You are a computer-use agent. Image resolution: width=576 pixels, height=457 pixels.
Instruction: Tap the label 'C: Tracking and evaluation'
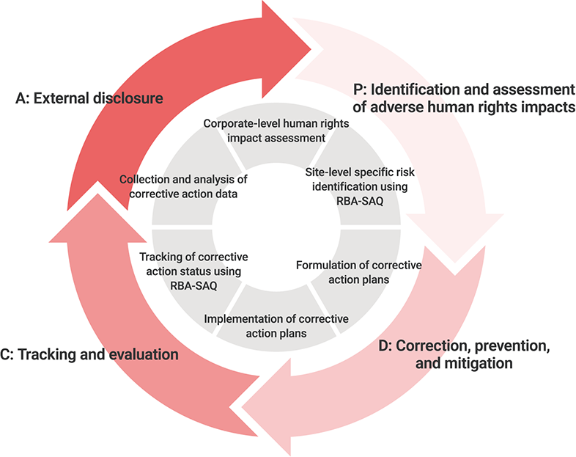pos(89,355)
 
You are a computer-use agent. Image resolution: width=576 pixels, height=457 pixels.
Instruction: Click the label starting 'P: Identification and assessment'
pos(463,98)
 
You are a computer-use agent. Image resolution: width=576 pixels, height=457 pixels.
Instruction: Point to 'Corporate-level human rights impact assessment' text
pos(276,130)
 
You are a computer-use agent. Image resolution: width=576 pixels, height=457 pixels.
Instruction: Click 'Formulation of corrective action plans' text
pos(358,271)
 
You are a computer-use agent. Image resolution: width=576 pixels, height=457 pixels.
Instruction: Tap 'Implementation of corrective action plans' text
pos(276,326)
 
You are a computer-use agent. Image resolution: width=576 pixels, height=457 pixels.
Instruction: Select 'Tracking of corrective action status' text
pos(193,264)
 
